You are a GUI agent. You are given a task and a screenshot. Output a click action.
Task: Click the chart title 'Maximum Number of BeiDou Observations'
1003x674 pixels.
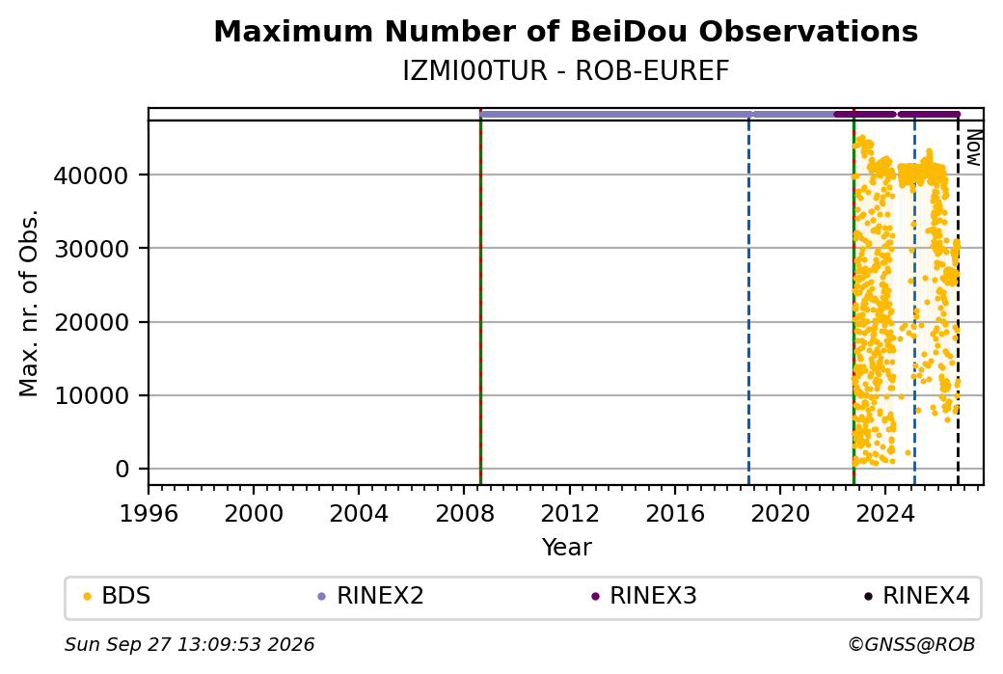(565, 31)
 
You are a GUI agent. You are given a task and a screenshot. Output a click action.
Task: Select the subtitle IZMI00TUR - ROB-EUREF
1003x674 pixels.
(565, 71)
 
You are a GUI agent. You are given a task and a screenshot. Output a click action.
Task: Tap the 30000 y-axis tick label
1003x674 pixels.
(92, 249)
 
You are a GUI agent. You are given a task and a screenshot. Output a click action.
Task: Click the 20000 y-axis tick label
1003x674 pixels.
(92, 322)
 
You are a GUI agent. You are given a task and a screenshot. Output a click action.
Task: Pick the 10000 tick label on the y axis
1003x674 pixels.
(92, 396)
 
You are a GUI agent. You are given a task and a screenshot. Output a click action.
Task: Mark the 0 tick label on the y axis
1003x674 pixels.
(122, 470)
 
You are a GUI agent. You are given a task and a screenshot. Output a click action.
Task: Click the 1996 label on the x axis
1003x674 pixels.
(149, 514)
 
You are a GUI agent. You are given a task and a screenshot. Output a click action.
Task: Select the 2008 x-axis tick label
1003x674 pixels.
(465, 514)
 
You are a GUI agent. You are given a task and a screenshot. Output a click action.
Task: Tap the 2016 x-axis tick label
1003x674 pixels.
(675, 514)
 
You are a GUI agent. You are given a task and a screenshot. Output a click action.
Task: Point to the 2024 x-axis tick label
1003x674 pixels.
(885, 514)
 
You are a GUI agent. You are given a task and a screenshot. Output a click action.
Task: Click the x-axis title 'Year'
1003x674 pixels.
(567, 548)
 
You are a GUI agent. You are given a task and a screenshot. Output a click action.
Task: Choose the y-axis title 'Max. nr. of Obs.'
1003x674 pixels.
(30, 303)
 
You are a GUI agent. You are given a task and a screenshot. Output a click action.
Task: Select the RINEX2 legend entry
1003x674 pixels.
(371, 596)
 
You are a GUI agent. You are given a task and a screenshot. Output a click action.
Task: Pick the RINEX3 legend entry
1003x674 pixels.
(644, 596)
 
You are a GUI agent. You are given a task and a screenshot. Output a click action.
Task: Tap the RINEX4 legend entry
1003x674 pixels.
(917, 596)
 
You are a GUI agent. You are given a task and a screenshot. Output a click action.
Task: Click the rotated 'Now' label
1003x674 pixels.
(973, 148)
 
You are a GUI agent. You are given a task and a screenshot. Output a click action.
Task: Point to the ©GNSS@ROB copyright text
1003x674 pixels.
(911, 644)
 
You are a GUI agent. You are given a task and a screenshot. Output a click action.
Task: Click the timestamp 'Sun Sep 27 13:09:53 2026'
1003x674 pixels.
(189, 644)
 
